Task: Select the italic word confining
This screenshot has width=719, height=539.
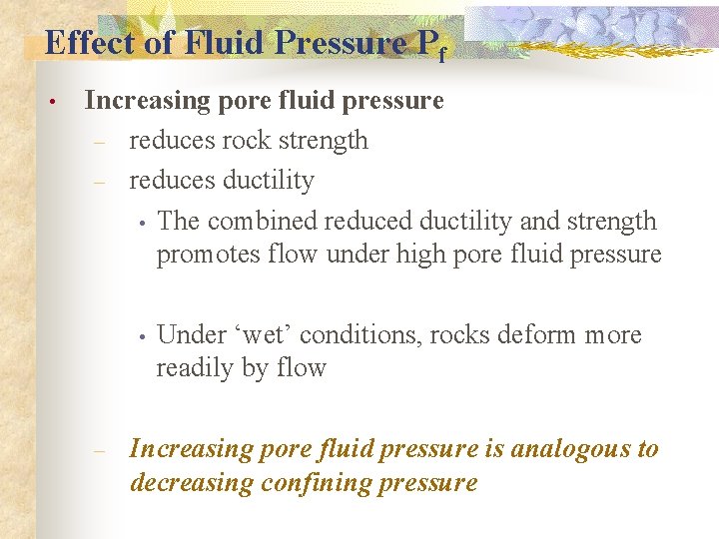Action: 313,483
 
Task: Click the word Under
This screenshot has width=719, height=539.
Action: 191,334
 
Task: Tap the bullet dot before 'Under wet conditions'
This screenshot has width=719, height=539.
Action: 143,336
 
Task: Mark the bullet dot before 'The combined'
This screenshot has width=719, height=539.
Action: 143,223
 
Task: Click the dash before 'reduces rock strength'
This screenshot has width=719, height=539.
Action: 99,143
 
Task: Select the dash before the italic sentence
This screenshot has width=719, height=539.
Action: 99,450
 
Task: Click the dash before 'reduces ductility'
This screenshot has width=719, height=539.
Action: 99,183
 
